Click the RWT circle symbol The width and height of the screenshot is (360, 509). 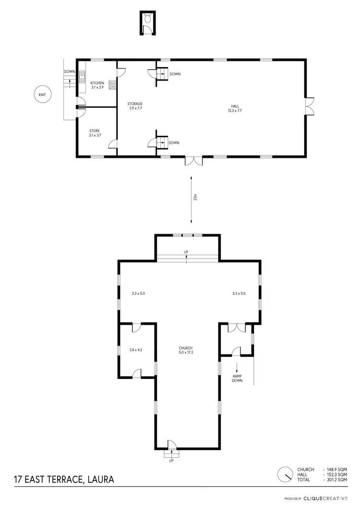[x=42, y=95]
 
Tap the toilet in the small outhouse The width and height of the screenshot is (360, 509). [x=148, y=19]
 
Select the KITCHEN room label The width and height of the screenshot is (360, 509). [x=97, y=83]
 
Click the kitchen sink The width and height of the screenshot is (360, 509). [x=82, y=75]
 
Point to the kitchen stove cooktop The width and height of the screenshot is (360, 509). [x=113, y=85]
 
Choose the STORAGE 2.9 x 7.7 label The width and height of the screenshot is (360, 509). [x=135, y=106]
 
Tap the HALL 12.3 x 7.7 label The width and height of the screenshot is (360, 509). [x=234, y=108]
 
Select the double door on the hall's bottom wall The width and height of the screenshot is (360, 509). [x=194, y=161]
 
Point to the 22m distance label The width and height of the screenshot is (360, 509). [x=195, y=199]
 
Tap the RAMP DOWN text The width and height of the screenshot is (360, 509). [x=237, y=378]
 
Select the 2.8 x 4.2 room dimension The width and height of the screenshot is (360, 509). [x=136, y=350]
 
